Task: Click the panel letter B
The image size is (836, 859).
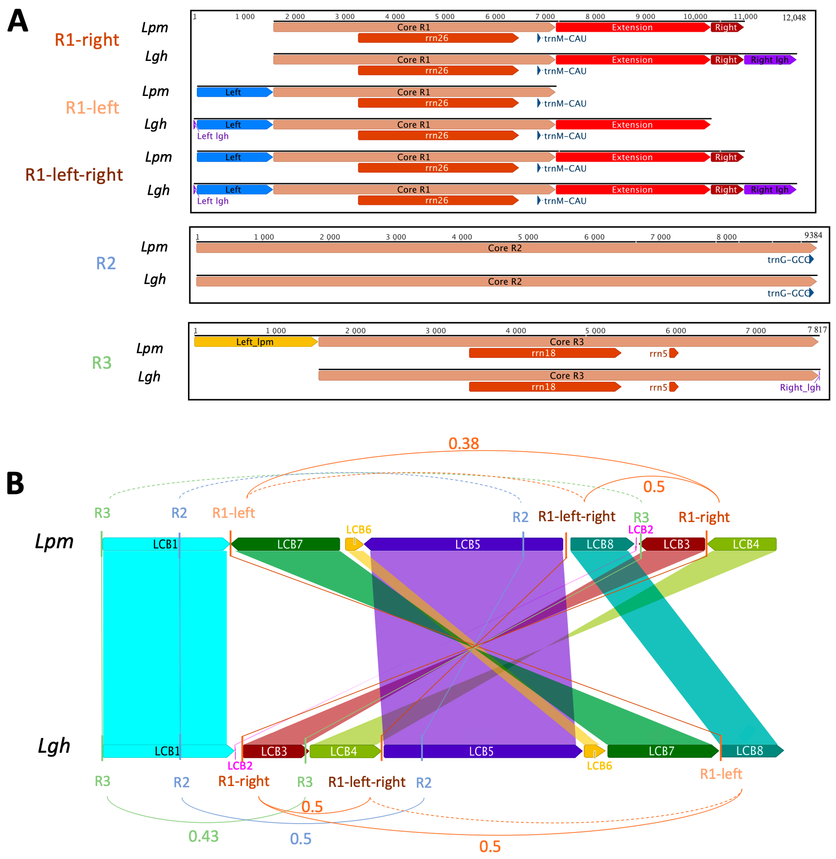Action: pos(15,483)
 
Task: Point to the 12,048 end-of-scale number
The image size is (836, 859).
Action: pos(794,18)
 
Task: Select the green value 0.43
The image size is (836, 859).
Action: pos(203,836)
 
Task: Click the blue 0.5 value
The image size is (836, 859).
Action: pos(301,839)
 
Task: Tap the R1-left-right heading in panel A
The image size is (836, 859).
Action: pos(74,175)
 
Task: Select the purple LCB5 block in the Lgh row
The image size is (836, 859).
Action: pos(481,751)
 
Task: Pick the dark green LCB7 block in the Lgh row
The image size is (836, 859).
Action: pos(661,751)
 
